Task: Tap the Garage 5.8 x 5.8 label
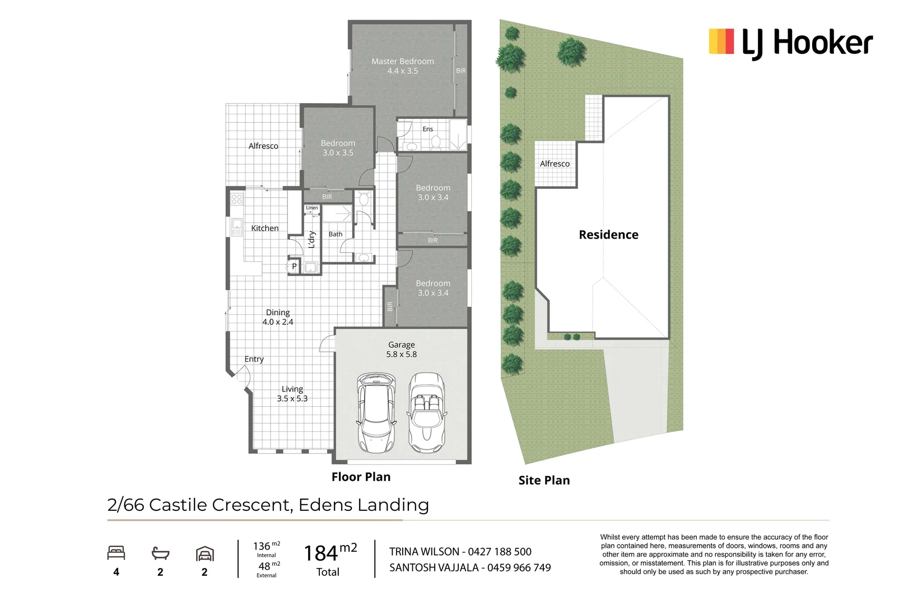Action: coord(401,350)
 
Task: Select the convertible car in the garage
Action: coord(427,413)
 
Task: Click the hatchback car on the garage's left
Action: coord(376,413)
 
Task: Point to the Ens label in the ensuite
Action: coord(427,129)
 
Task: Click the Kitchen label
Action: coord(264,229)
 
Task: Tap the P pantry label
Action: coord(294,267)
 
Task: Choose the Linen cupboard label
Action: coord(312,208)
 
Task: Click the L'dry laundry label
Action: coord(312,239)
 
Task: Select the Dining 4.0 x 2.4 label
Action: coord(278,317)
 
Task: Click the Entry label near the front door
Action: coord(254,360)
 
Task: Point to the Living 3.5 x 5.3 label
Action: coord(292,394)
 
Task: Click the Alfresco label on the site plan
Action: coord(555,164)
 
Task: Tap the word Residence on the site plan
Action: coord(608,235)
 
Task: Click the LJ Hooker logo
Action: coord(790,43)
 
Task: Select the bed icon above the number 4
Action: coord(116,553)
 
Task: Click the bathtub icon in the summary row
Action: coord(160,553)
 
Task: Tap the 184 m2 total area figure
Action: coord(329,553)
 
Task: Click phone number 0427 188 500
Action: coord(500,552)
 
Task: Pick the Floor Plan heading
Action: coord(361,477)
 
